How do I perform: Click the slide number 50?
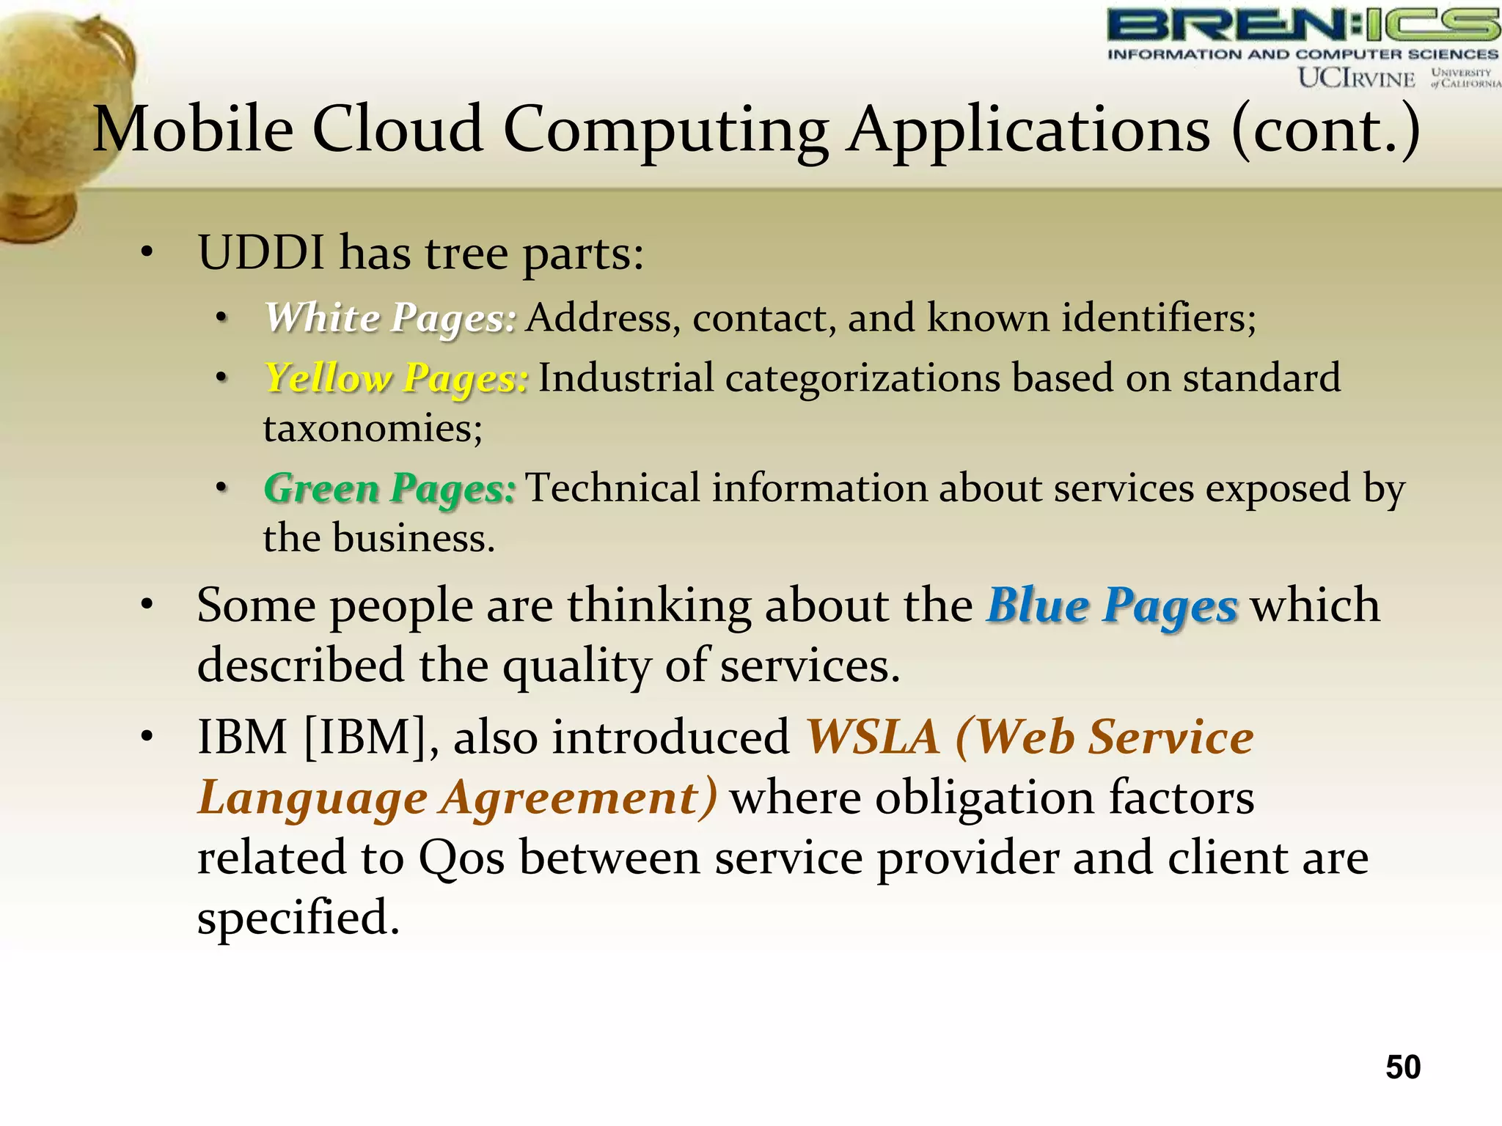pos(1402,1067)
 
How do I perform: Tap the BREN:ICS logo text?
pos(1303,25)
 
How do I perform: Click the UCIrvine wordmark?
pos(1356,78)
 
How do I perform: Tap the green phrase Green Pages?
pos(389,488)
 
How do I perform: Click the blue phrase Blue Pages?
pos(1113,606)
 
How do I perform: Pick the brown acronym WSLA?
pos(872,737)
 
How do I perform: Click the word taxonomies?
pos(373,428)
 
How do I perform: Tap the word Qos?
pos(461,858)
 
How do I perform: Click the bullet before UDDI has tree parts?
pos(147,253)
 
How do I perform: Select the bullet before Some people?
pos(147,606)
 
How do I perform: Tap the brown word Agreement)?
pos(579,798)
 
